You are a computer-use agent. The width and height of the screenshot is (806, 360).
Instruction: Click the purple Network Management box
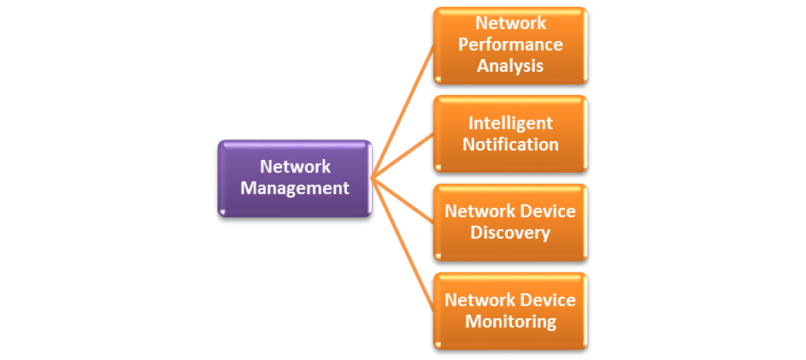(x=295, y=178)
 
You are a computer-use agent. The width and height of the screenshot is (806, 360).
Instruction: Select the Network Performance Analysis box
(x=510, y=44)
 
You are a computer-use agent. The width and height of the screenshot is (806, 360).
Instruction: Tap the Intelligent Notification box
(x=510, y=134)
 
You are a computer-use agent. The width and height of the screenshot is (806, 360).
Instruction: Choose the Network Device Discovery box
(x=510, y=221)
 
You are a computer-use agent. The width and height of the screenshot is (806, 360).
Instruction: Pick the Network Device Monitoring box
(x=510, y=310)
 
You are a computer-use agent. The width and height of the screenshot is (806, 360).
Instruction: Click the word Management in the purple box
(x=295, y=188)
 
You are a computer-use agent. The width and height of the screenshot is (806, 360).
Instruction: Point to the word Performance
(x=510, y=44)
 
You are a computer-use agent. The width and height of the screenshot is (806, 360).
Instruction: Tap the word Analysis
(x=510, y=65)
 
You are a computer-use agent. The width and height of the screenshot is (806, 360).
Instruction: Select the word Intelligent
(x=510, y=123)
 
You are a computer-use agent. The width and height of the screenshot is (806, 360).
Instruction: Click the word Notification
(x=510, y=145)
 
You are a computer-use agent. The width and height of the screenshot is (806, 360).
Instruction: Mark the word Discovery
(x=510, y=233)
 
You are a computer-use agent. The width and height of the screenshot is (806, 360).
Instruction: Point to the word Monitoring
(x=510, y=322)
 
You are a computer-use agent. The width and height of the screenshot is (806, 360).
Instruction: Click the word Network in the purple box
(x=295, y=167)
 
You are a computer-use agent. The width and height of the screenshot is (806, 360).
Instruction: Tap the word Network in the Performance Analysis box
(x=510, y=22)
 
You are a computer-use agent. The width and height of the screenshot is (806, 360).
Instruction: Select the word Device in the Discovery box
(x=548, y=211)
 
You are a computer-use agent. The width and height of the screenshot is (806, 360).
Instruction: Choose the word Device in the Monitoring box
(x=548, y=300)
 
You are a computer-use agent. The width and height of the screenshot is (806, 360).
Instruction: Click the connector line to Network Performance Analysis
(x=403, y=112)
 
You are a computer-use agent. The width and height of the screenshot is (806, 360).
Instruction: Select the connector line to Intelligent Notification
(x=403, y=156)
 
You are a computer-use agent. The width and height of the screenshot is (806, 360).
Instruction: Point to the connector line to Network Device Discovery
(x=403, y=200)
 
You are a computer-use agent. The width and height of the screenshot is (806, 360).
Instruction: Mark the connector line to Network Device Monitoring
(x=403, y=245)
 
